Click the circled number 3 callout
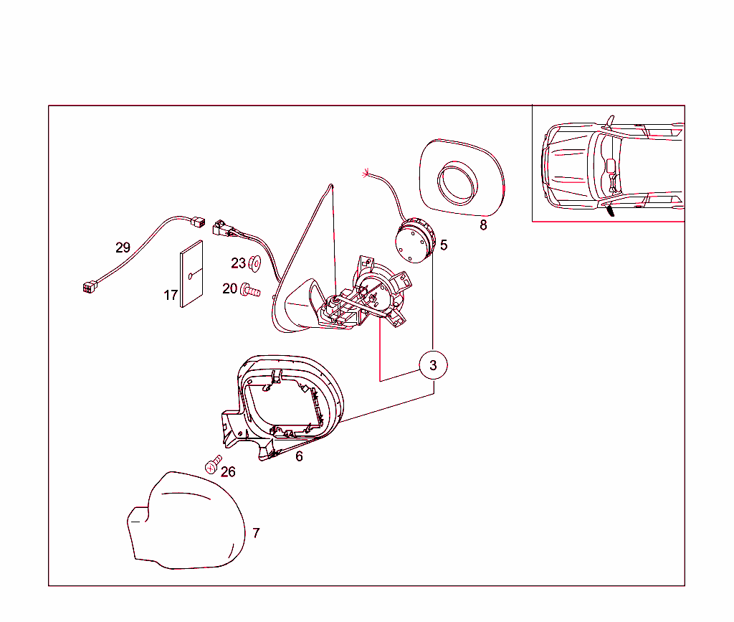point(433,365)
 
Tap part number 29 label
point(123,248)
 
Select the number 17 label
point(171,295)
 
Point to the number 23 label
point(238,263)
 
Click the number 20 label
point(230,288)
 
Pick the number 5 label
point(444,245)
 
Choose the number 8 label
point(484,225)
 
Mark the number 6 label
point(299,456)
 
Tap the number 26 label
point(228,471)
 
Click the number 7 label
point(256,533)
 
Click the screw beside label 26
point(213,465)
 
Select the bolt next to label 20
point(250,291)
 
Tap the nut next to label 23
point(254,264)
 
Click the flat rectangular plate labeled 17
point(191,274)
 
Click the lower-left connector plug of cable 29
point(90,286)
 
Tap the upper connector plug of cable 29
point(198,222)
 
